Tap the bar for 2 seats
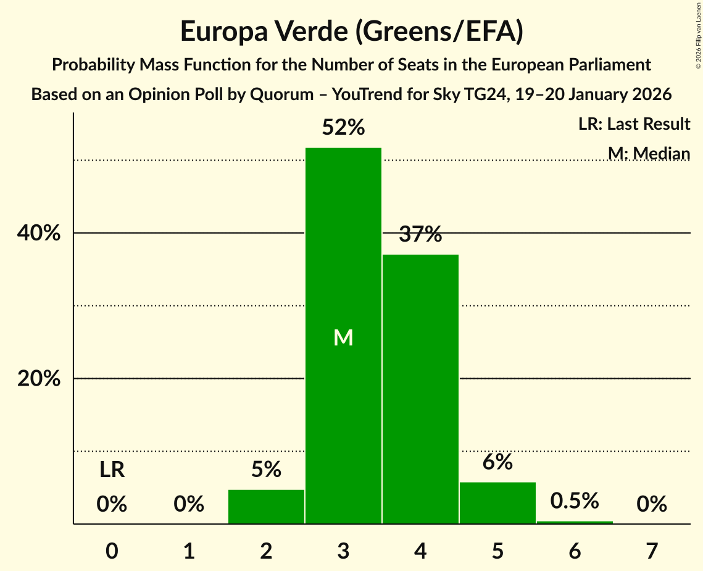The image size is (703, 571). coord(266,507)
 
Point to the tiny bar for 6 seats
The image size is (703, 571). coord(575,522)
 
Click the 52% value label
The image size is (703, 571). coord(343,128)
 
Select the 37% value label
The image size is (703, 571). coord(420,235)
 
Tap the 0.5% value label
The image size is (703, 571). coord(575,501)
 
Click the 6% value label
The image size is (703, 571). coord(497,462)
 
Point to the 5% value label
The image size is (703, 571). coord(266,470)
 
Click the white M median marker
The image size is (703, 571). coord(343,337)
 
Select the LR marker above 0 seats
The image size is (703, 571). coord(112,470)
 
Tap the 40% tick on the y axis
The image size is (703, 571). coord(39,234)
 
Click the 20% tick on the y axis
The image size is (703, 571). coord(39,379)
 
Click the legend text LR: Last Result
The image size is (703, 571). coord(634,124)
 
